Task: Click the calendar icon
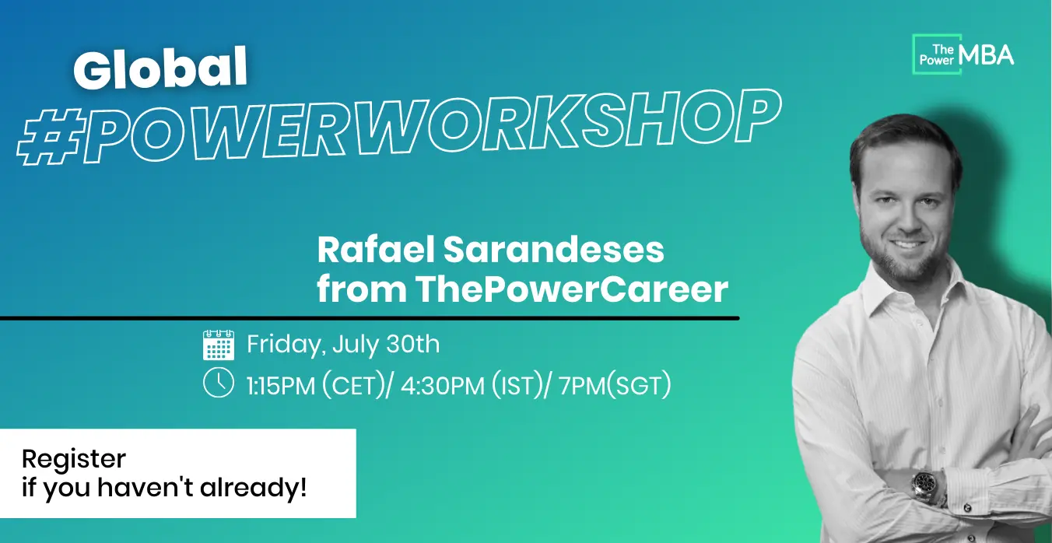[x=219, y=345]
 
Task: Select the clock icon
[x=219, y=382]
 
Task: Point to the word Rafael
[x=376, y=250]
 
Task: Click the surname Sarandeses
[x=554, y=250]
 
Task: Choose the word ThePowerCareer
[x=572, y=289]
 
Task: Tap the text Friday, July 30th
[x=343, y=345]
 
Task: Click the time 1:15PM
[x=281, y=386]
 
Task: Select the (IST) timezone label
[x=517, y=386]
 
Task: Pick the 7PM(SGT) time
[x=615, y=386]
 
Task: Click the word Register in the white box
[x=74, y=459]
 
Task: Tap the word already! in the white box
[x=254, y=487]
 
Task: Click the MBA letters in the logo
[x=987, y=56]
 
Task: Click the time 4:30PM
[x=443, y=386]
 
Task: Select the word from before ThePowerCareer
[x=362, y=289]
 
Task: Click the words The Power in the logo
[x=938, y=55]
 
